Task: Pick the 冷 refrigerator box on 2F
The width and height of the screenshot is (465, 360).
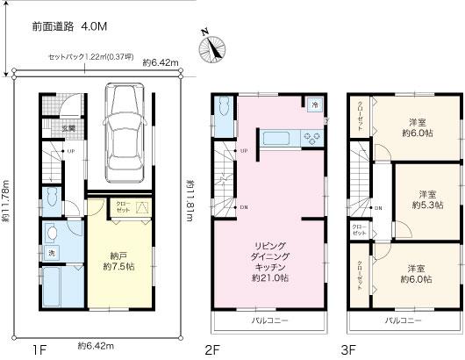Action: [x=314, y=104]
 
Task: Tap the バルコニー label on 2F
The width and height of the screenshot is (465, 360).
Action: [x=268, y=322]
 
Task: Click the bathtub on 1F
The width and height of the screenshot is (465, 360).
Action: [x=59, y=289]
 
